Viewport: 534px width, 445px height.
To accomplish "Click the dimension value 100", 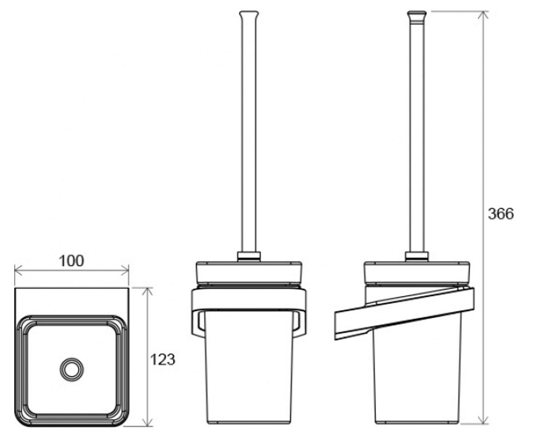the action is (x=71, y=261).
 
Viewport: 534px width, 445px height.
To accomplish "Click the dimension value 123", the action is (x=163, y=359).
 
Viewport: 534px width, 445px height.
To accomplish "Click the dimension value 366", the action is (x=501, y=214).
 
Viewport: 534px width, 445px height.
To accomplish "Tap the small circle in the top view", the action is (x=72, y=369).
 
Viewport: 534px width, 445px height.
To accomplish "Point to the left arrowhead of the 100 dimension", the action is (x=17, y=270).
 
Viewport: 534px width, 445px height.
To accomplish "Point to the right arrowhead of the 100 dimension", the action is (x=125, y=270).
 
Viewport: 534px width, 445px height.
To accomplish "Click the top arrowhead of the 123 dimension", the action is (x=147, y=291).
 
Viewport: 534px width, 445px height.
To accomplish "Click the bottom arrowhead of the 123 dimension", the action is (x=147, y=422).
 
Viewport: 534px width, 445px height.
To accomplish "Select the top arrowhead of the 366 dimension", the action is (x=483, y=15).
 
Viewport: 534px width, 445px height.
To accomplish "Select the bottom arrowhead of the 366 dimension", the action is (x=483, y=420).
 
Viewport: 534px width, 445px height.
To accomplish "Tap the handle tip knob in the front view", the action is (x=249, y=15).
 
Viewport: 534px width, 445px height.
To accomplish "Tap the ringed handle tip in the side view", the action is (x=417, y=17).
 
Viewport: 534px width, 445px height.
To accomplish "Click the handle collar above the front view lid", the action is (x=249, y=256).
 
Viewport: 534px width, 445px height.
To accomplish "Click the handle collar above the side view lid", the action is (x=417, y=256).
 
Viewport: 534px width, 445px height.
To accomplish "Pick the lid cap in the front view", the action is (x=249, y=272).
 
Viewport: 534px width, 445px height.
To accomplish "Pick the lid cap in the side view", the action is (x=417, y=272).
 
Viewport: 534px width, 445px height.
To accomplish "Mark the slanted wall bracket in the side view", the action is (x=405, y=314).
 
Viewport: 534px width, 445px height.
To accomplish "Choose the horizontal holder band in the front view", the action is (x=249, y=299).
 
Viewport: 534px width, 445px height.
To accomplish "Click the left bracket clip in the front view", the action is (x=198, y=324).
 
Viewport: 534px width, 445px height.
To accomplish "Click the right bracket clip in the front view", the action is (x=300, y=324).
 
